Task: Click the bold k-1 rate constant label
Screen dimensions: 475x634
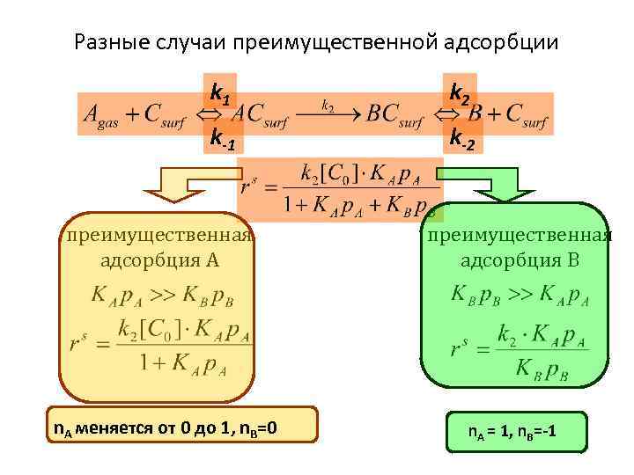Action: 222,137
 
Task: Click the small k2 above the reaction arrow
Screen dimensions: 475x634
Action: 328,105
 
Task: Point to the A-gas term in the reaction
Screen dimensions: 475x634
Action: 101,116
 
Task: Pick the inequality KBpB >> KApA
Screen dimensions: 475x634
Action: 519,294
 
